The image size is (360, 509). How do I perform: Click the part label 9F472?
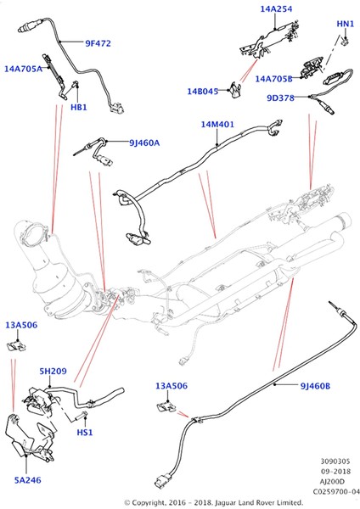[x=98, y=43]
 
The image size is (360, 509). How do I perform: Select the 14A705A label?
[x=23, y=69]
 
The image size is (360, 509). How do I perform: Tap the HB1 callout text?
[x=79, y=107]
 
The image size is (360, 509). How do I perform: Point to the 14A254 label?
[x=276, y=9]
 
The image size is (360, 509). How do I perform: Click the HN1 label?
[x=345, y=24]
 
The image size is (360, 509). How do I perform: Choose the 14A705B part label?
[x=273, y=79]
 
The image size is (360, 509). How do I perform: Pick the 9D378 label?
[x=280, y=98]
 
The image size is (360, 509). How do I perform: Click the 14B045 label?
[x=202, y=92]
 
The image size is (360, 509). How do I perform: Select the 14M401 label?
[x=217, y=125]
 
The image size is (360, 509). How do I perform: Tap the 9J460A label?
[x=144, y=143]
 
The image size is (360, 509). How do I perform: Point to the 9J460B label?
[x=315, y=386]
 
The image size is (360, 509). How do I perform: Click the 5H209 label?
[x=53, y=371]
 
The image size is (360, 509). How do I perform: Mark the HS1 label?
[x=85, y=433]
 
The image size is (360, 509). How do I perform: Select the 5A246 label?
[x=28, y=480]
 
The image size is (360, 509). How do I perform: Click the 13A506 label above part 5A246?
[x=21, y=325]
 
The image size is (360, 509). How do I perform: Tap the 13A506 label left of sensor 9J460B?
[x=172, y=386]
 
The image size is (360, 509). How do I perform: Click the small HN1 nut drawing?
[x=346, y=40]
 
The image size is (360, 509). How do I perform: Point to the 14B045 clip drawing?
[x=235, y=90]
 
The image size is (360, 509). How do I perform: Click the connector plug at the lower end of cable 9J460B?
[x=162, y=481]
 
